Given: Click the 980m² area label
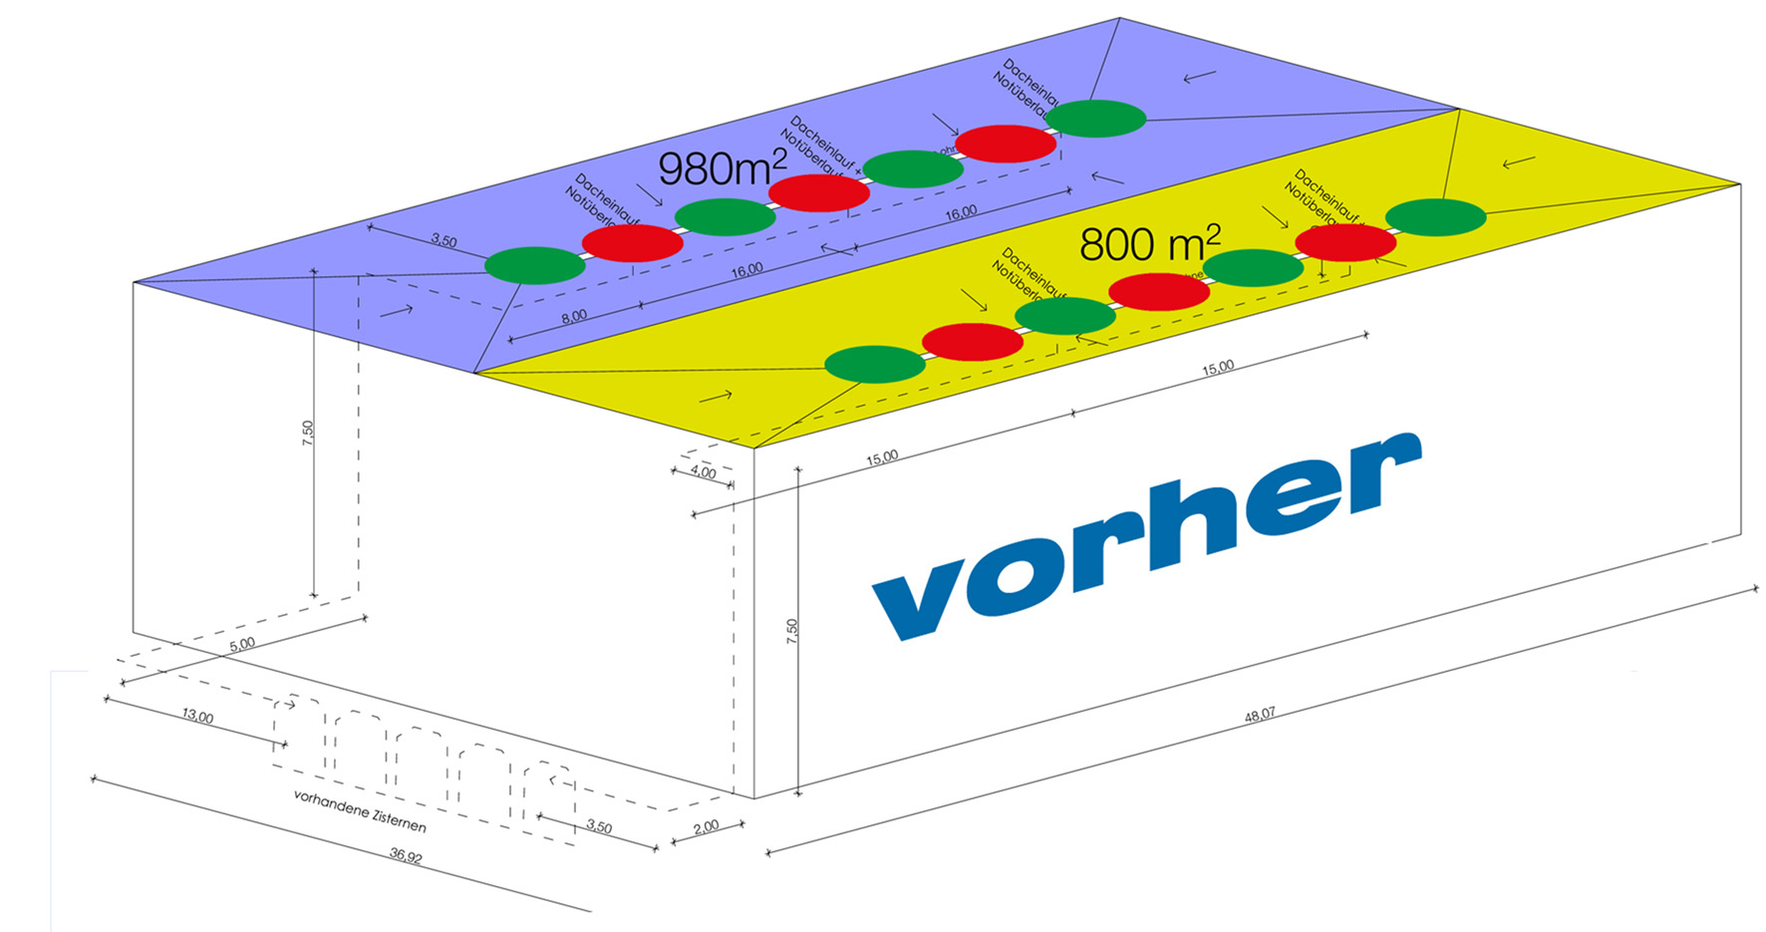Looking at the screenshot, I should (x=722, y=168).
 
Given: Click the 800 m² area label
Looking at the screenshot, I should (x=1149, y=244).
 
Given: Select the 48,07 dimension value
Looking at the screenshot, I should (x=1260, y=715).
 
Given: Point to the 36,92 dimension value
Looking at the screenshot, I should (x=406, y=855).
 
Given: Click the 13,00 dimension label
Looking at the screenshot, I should (x=197, y=717).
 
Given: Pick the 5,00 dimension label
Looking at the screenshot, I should (x=242, y=645).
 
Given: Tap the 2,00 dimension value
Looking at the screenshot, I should (x=705, y=826).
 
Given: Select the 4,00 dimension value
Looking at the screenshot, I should (x=703, y=472).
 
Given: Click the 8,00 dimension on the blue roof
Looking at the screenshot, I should (x=574, y=316).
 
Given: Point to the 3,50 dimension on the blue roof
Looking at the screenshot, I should (x=443, y=241).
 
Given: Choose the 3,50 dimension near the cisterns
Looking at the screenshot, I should (x=599, y=827).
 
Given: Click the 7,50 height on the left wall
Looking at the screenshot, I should (x=308, y=432).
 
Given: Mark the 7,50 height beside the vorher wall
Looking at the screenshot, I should (x=791, y=631).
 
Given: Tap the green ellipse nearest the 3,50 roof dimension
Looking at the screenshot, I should (x=534, y=265).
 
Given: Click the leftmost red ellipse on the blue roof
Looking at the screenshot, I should (x=632, y=242).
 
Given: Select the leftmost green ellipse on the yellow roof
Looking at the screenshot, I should (x=875, y=365).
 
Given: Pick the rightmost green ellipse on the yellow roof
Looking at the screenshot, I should (x=1435, y=217).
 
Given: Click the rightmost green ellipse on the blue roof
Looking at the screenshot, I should (x=1095, y=119).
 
